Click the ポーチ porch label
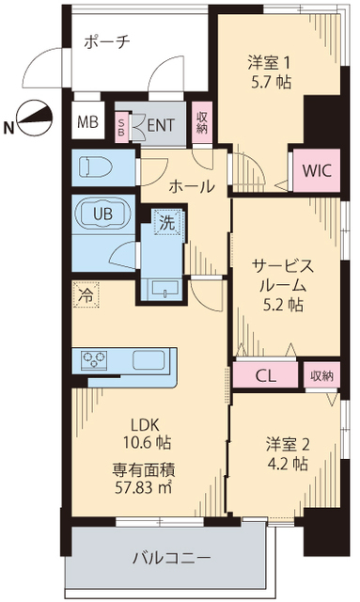(105, 41)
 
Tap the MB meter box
(87, 121)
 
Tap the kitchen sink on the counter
(149, 360)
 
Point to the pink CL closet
(266, 375)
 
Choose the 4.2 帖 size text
(286, 464)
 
